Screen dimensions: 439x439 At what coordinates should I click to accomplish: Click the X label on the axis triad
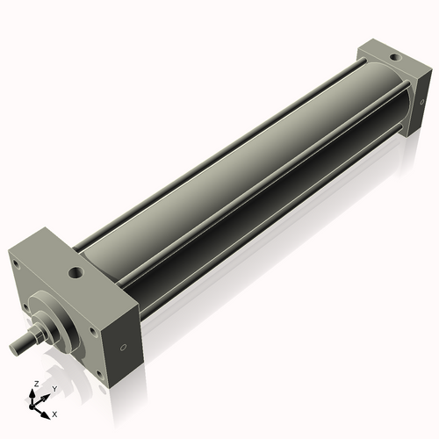pyautogui.click(x=54, y=413)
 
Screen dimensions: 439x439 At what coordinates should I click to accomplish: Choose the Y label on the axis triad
pyautogui.click(x=54, y=388)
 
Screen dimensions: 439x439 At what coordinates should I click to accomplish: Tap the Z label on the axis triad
pyautogui.click(x=35, y=385)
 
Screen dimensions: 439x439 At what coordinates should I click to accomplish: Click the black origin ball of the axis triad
pyautogui.click(x=36, y=405)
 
